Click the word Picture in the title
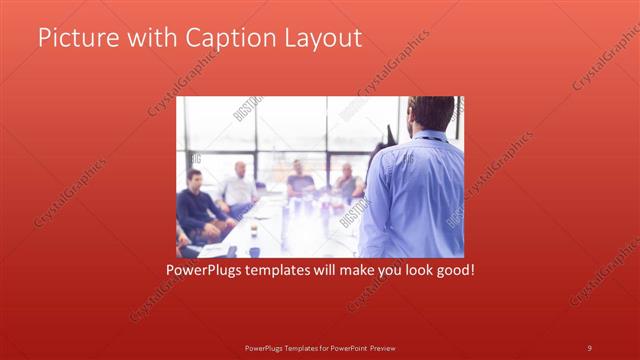72,38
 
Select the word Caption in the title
220,39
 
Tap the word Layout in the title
319,39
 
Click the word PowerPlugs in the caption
203,270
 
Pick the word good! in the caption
452,270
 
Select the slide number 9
589,347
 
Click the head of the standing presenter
431,114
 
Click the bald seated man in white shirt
239,186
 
